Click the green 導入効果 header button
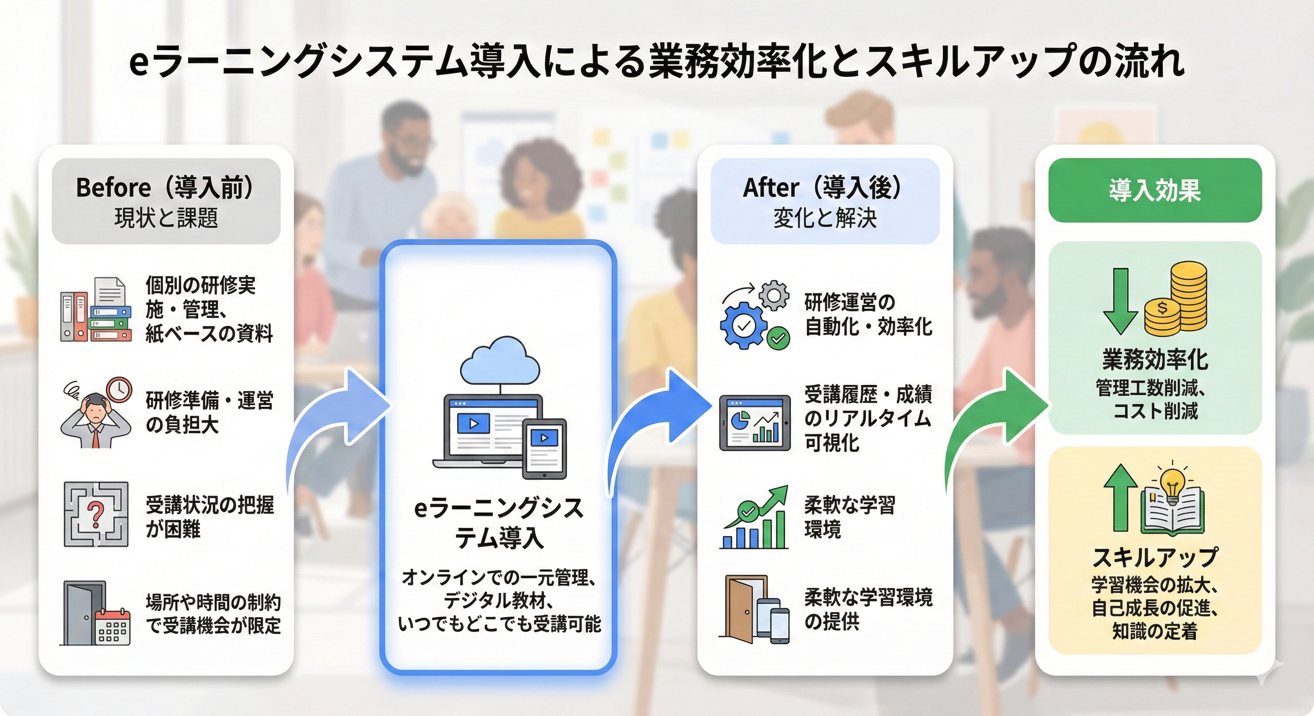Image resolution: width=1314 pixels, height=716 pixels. [1155, 190]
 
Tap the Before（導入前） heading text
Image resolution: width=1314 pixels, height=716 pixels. [165, 187]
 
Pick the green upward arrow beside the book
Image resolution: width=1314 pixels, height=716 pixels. [1121, 497]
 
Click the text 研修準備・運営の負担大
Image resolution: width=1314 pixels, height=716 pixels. [209, 412]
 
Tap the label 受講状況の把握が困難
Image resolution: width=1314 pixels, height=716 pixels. [209, 516]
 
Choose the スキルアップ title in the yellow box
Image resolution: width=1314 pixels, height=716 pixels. [1155, 558]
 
